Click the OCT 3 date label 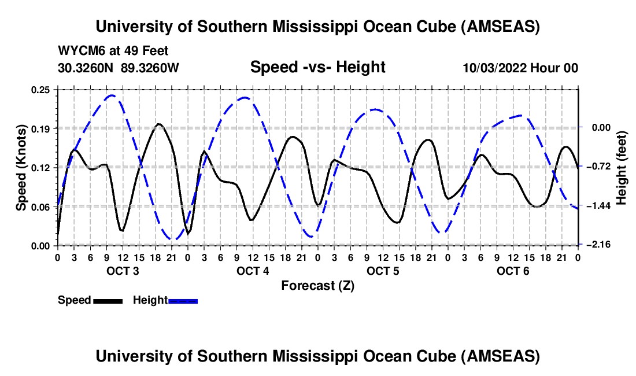(x=123, y=271)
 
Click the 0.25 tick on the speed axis (x=40, y=89)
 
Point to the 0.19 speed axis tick (x=40, y=128)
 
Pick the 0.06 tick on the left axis (x=40, y=207)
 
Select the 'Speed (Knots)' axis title (x=21, y=167)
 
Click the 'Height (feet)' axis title (x=622, y=167)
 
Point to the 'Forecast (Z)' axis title (x=317, y=285)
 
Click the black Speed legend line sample (x=108, y=300)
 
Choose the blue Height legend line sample (x=183, y=300)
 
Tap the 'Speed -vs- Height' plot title (x=317, y=67)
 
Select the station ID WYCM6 (x=78, y=51)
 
